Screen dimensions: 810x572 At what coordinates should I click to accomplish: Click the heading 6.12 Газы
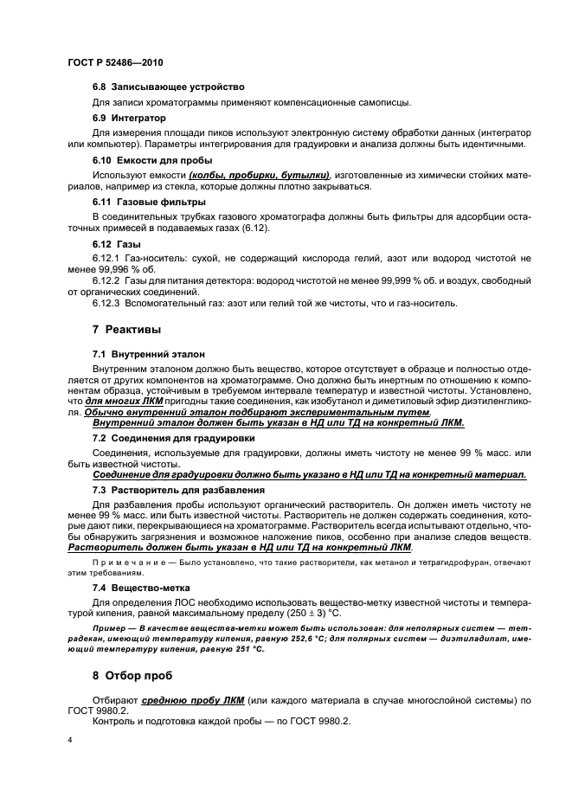tap(116, 245)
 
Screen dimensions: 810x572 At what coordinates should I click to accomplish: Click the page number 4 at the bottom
tap(69, 741)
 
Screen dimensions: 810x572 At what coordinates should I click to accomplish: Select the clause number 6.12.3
tap(108, 303)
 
